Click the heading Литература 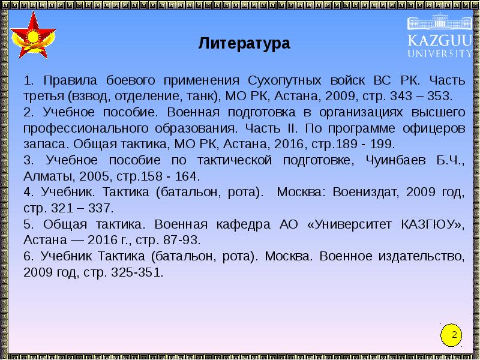(244, 44)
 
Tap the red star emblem (34, 37)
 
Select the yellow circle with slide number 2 (454, 335)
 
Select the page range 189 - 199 (366, 145)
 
